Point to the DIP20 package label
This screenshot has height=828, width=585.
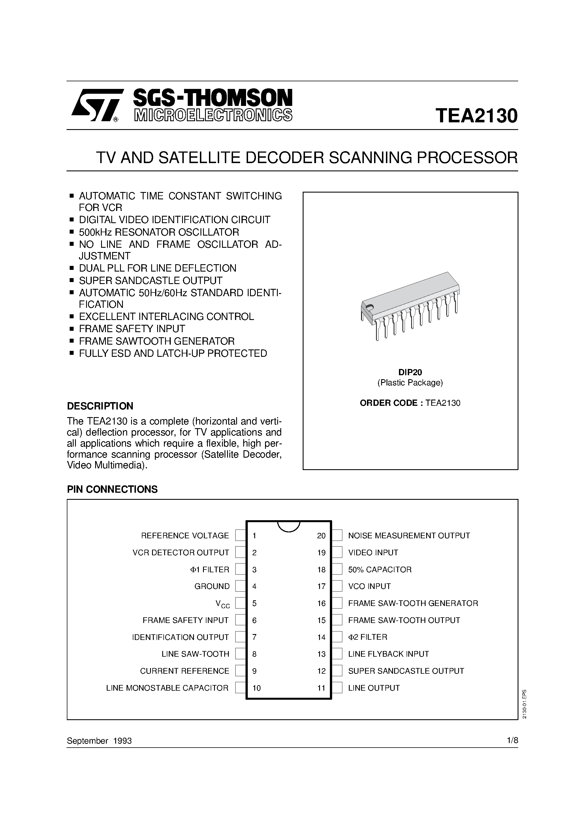coord(410,372)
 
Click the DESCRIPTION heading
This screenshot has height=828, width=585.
coord(100,406)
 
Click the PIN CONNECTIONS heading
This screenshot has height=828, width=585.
coord(112,489)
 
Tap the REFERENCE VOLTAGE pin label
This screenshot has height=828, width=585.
coord(185,535)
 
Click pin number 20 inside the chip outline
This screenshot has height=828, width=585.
coord(321,536)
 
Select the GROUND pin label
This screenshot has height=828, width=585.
coord(212,586)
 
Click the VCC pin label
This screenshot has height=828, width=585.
coord(223,604)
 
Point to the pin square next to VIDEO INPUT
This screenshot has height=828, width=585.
coord(337,552)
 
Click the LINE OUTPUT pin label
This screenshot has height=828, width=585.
coord(374,688)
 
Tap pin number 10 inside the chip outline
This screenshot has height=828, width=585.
coord(257,688)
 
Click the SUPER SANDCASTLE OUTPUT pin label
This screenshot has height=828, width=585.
coord(406,671)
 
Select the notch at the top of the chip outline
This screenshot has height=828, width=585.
coord(289,526)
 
